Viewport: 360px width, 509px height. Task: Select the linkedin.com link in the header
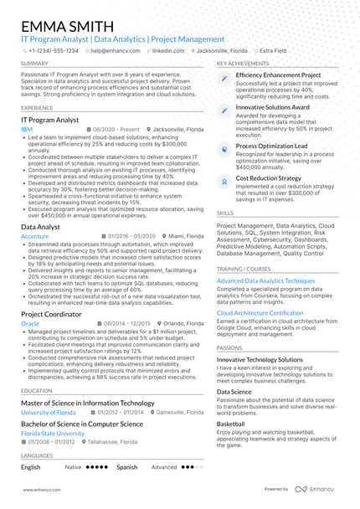click(168, 50)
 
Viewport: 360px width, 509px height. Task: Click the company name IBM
click(27, 131)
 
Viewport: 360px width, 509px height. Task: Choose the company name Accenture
click(34, 237)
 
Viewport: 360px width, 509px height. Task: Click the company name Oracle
click(29, 322)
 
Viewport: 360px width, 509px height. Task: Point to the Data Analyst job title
click(40, 227)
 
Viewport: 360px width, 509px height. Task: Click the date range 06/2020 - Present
click(114, 131)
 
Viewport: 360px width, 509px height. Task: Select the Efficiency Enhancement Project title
click(278, 75)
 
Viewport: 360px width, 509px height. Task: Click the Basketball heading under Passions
click(231, 424)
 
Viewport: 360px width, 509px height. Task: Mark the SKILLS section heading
click(225, 213)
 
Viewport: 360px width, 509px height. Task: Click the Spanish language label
click(126, 467)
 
